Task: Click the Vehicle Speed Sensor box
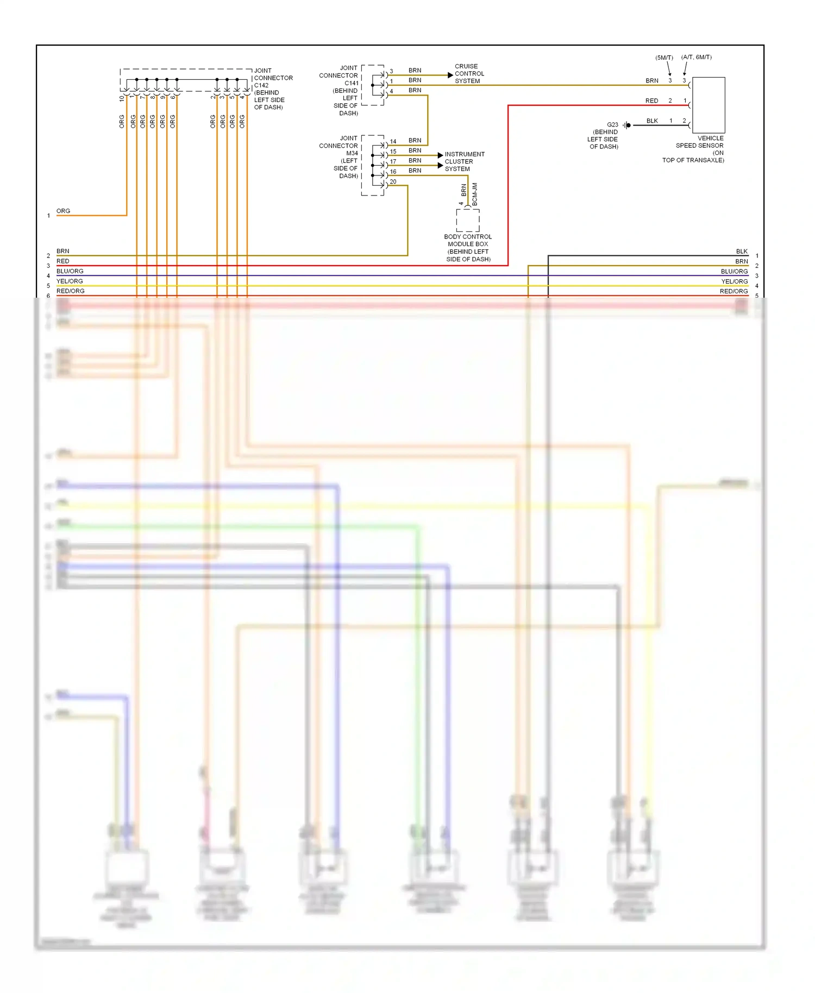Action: [709, 105]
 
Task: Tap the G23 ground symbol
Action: [627, 125]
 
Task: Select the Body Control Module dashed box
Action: [468, 221]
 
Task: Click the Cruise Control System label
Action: [469, 74]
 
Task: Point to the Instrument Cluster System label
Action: [464, 161]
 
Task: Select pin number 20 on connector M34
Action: [393, 181]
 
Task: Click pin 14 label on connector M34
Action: [393, 141]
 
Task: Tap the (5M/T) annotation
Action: [664, 58]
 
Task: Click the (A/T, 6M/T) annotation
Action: [696, 57]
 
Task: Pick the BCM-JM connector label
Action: [474, 194]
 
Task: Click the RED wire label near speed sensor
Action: [651, 100]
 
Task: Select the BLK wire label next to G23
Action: [652, 121]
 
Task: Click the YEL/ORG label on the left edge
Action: [70, 281]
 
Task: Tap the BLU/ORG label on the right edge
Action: [734, 271]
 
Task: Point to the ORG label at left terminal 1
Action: [63, 211]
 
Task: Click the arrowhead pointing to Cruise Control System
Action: [450, 75]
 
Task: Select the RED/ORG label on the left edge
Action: [71, 291]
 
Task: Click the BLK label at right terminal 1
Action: [742, 251]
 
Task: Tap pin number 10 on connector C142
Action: [122, 99]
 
